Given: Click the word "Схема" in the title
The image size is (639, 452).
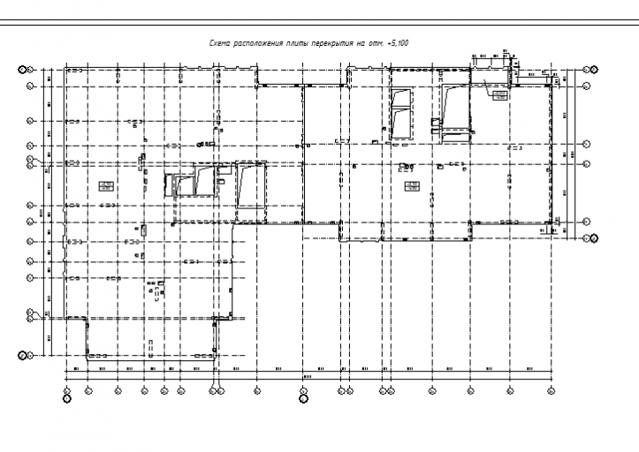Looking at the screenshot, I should (x=218, y=42).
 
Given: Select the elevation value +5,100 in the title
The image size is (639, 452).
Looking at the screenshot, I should (x=397, y=42).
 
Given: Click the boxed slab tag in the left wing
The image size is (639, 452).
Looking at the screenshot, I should (x=104, y=185).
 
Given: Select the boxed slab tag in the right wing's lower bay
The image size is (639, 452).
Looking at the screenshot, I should (x=412, y=185).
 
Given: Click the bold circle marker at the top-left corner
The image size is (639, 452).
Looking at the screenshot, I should (x=24, y=69).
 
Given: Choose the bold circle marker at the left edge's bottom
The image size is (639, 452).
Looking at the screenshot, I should (x=24, y=356).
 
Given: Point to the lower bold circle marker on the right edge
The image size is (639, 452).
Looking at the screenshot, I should (x=594, y=237).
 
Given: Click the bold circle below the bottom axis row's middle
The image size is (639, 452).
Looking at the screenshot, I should (x=304, y=398).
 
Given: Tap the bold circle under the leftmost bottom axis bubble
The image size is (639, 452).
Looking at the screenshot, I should (x=67, y=398).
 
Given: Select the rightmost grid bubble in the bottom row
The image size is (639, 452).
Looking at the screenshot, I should (x=552, y=388).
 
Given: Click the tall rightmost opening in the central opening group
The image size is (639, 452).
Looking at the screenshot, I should (x=249, y=185).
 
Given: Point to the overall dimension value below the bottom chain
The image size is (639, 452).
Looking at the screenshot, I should (x=307, y=377).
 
